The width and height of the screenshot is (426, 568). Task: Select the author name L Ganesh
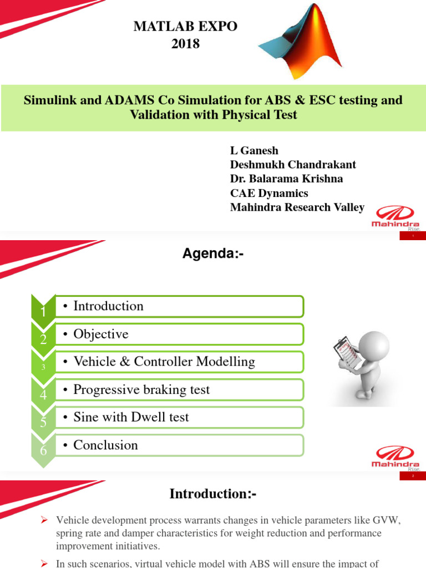[254, 150]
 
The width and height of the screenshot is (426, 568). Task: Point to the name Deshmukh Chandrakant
[293, 165]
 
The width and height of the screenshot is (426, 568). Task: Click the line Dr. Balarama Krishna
[286, 179]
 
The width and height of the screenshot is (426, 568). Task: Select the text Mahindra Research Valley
[297, 207]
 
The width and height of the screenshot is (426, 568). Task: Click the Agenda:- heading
[214, 254]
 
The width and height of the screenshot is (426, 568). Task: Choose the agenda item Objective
[100, 334]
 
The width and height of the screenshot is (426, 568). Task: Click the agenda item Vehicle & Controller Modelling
[164, 362]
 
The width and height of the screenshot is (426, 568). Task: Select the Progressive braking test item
[141, 389]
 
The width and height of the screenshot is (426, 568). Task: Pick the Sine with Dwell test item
[131, 417]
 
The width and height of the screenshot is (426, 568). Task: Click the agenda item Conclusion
[105, 445]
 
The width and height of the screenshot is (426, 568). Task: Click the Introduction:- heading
[213, 494]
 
